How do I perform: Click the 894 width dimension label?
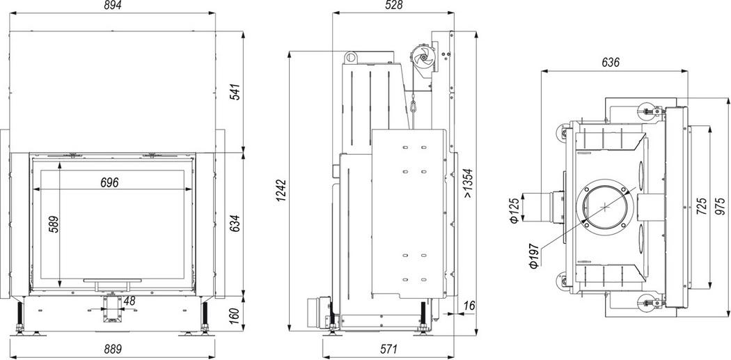pos(112,6)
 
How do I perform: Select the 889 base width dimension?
pos(112,349)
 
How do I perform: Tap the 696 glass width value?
pos(109,182)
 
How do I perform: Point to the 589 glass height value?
pos(54,224)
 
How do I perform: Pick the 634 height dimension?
pos(235,224)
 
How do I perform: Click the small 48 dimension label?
pos(129,302)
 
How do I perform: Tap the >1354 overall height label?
pos(469,183)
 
